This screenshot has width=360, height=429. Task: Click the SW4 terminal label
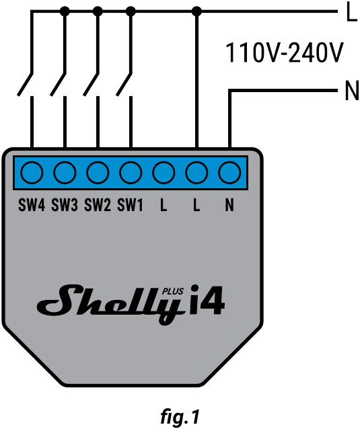(x=32, y=204)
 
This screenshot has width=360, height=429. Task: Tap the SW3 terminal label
(x=65, y=204)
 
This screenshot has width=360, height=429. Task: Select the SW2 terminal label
(x=98, y=204)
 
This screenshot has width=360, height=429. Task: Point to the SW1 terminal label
(x=131, y=204)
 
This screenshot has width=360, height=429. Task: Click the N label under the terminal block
(x=229, y=204)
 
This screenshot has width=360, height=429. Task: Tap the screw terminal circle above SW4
(x=32, y=173)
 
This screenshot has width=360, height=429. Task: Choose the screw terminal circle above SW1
(x=131, y=173)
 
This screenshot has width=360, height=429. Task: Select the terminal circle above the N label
(x=229, y=173)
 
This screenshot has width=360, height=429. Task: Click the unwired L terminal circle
(x=164, y=173)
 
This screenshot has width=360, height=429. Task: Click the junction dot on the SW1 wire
(x=131, y=11)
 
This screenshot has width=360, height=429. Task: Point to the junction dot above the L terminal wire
(x=196, y=11)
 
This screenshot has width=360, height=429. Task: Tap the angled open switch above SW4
(x=25, y=84)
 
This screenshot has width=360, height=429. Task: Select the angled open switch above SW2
(x=91, y=84)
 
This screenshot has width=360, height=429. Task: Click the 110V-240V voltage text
(x=284, y=52)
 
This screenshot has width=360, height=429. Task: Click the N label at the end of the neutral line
(x=351, y=91)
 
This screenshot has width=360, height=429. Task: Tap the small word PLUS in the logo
(x=173, y=292)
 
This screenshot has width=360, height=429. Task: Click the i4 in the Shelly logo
(x=207, y=300)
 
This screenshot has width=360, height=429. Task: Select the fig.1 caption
(x=180, y=417)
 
